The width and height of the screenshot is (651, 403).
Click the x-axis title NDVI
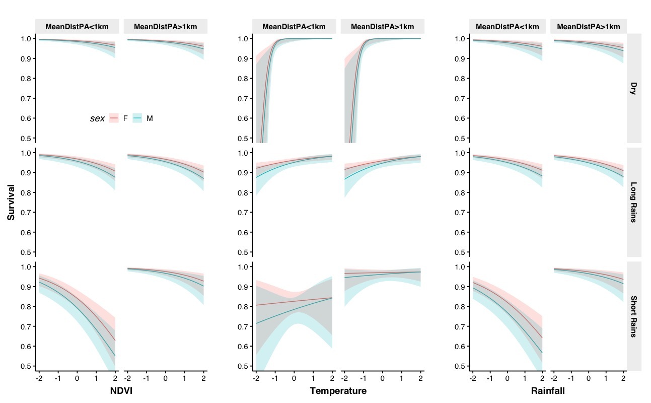pyautogui.click(x=121, y=391)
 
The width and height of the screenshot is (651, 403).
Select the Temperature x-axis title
pyautogui.click(x=338, y=391)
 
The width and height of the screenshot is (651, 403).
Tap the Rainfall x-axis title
pyautogui.click(x=548, y=391)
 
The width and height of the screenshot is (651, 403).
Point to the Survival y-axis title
pyautogui.click(x=11, y=202)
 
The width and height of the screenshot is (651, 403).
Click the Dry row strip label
pyautogui.click(x=633, y=89)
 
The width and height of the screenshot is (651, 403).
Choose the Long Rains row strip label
pyautogui.click(x=633, y=202)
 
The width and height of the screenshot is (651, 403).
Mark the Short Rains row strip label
pyautogui.click(x=633, y=316)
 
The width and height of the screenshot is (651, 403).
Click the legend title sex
pyautogui.click(x=97, y=118)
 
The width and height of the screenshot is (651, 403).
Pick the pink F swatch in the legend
pyautogui.click(x=114, y=118)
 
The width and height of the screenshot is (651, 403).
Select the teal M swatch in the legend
pyautogui.click(x=137, y=118)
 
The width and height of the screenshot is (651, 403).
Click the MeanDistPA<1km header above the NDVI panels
pyautogui.click(x=77, y=27)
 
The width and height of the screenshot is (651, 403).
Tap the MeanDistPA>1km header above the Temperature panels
pyautogui.click(x=383, y=27)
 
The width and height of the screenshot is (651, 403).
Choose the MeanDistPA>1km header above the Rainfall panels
pyautogui.click(x=588, y=27)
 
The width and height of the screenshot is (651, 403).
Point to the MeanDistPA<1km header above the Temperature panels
pyautogui.click(x=294, y=27)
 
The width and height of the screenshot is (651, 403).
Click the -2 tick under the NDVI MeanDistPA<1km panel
pyautogui.click(x=39, y=378)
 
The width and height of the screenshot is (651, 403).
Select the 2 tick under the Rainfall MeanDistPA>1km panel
pyautogui.click(x=623, y=378)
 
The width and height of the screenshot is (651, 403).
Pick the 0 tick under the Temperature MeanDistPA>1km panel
pyautogui.click(x=382, y=378)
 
